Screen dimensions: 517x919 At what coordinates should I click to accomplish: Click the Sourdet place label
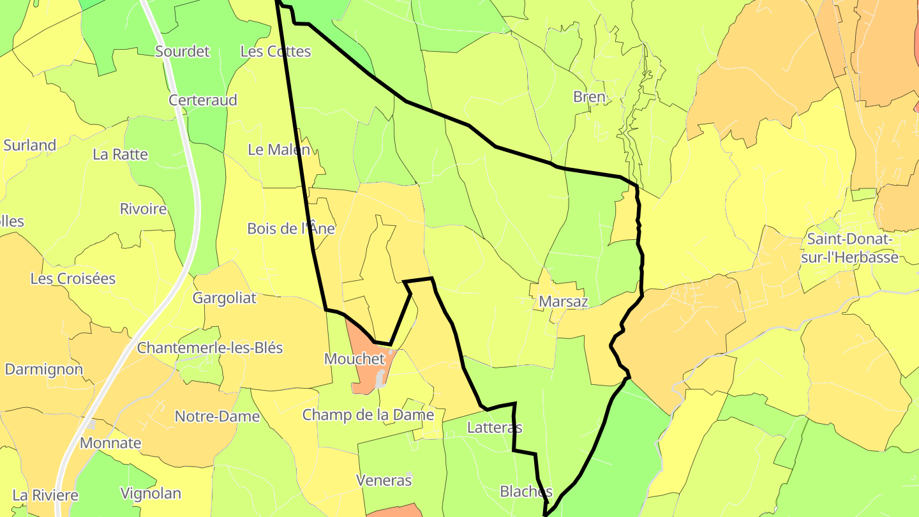pos(183,52)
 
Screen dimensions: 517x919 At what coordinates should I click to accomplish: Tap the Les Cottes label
pos(275,52)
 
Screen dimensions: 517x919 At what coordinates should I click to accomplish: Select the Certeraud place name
pos(203,100)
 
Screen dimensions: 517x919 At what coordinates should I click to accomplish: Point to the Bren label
pos(589,97)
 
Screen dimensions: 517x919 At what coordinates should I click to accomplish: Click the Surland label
pos(30,145)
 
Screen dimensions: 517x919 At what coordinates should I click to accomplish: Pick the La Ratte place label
pos(120,154)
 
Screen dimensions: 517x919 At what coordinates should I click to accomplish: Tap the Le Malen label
pos(279,150)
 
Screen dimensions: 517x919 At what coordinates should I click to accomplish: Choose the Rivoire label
pos(144,209)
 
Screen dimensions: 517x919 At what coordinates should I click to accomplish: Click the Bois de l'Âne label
pos(291,229)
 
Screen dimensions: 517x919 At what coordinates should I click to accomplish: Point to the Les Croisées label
pos(73,279)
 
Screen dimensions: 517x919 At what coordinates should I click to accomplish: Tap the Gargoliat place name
pos(225,298)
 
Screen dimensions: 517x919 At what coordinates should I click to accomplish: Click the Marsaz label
pos(564,301)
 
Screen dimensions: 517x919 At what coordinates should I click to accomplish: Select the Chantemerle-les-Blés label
pos(210,348)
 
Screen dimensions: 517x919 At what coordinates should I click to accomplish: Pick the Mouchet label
pos(355,359)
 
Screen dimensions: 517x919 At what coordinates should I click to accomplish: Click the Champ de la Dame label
pos(368,415)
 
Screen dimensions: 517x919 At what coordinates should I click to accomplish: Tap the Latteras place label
pos(495,428)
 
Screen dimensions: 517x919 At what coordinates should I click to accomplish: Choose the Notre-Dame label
pos(218,417)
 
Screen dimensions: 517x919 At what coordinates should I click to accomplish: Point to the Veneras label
pos(384,481)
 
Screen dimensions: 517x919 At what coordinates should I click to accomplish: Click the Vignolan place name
pos(151,493)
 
